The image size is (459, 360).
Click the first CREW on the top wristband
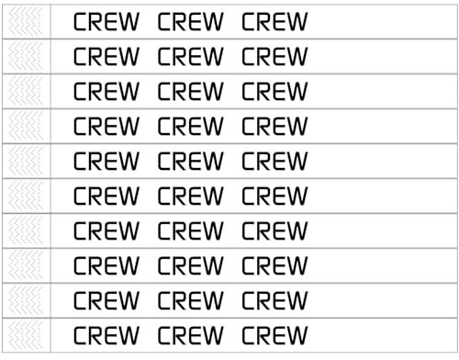click(106, 22)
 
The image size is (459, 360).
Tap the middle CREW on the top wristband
click(190, 22)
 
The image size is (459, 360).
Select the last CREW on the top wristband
click(274, 22)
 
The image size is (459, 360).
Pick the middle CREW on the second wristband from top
click(190, 57)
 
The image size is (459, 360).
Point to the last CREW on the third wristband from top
click(274, 92)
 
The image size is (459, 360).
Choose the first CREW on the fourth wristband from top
click(106, 127)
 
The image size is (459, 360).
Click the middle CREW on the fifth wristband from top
click(190, 162)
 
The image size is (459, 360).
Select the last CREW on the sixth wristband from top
click(274, 197)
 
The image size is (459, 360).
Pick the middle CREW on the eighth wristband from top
click(190, 266)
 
